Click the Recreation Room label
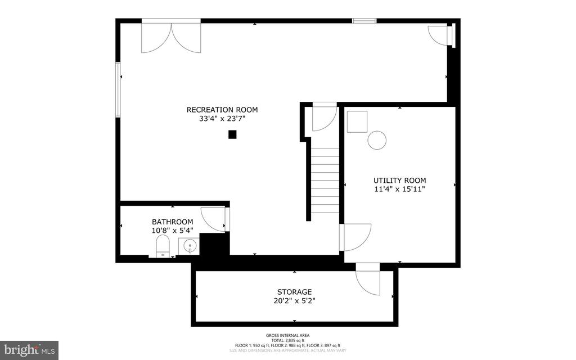tap(222, 110)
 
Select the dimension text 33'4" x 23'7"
tap(222, 119)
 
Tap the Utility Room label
tap(399, 181)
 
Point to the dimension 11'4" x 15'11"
tap(399, 190)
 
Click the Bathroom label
tap(172, 222)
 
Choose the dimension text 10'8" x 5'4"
tap(172, 231)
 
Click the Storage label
tap(294, 292)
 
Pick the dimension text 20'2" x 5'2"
tap(294, 301)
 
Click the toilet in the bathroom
tap(163, 246)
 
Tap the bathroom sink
tap(189, 246)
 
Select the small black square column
tap(232, 134)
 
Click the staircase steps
tap(325, 180)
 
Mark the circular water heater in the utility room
tap(377, 140)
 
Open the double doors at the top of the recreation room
tap(171, 37)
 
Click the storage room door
tap(368, 278)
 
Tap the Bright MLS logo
tap(29, 349)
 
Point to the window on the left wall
tap(118, 89)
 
